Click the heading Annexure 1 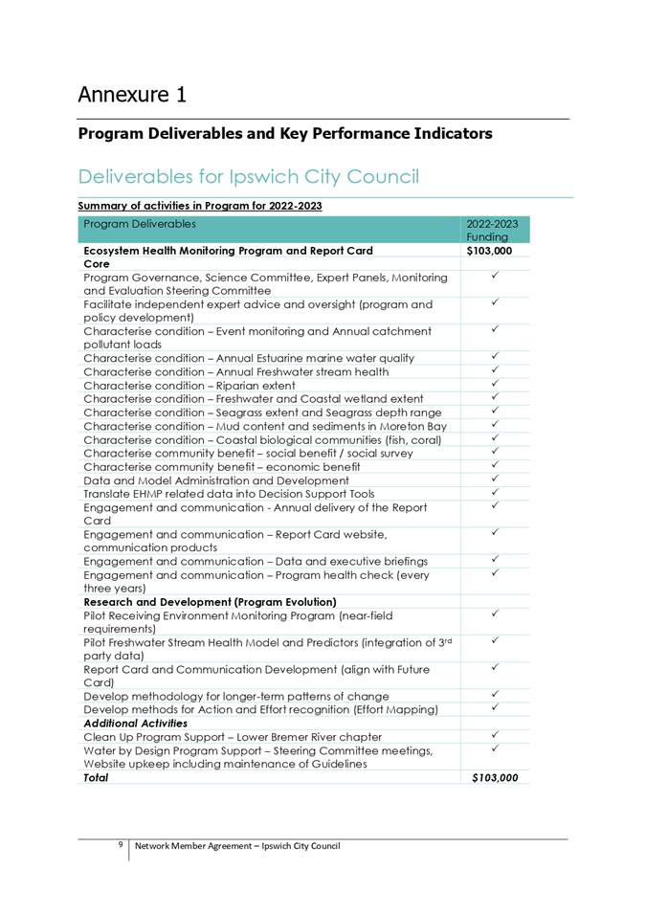(x=132, y=95)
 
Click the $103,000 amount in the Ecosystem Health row (x=489, y=251)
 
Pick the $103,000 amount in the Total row (x=495, y=778)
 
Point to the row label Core (x=96, y=263)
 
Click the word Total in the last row (x=96, y=778)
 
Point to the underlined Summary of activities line (x=199, y=206)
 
